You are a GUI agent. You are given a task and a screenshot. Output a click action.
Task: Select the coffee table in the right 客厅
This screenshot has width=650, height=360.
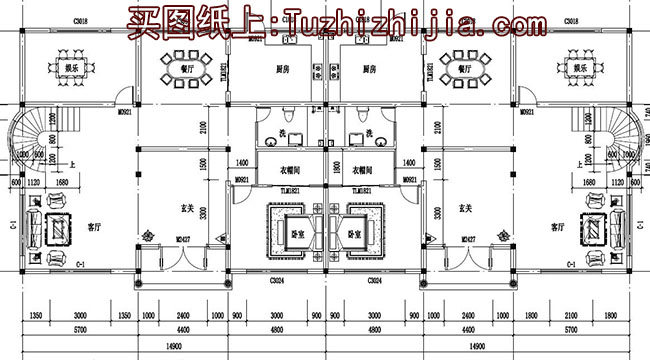[596, 229]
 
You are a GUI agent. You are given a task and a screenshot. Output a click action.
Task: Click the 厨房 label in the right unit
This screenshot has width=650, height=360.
[369, 70]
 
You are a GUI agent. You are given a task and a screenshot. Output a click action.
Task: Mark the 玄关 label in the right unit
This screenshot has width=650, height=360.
[464, 209]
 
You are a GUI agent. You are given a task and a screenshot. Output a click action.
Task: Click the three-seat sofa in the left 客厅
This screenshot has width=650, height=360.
[34, 229]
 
